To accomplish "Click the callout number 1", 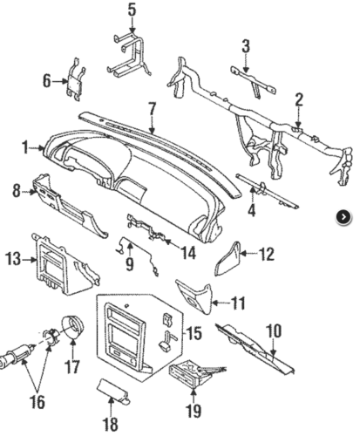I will click(26, 149).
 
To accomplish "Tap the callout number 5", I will click(132, 10).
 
